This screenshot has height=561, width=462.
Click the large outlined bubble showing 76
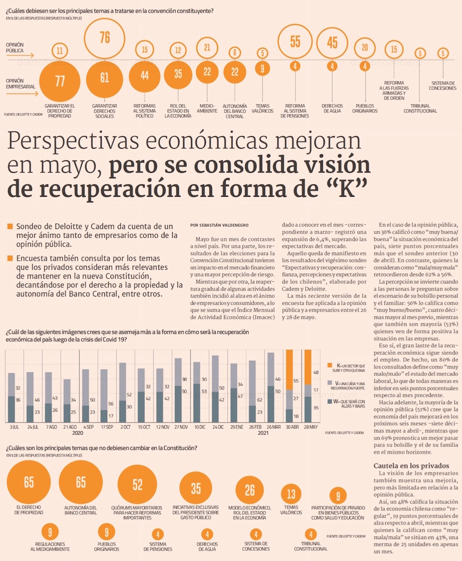click(x=105, y=37)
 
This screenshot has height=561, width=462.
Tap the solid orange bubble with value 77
click(x=60, y=81)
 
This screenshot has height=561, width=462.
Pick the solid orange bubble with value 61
click(x=105, y=78)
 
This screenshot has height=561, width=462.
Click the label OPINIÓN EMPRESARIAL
click(x=21, y=84)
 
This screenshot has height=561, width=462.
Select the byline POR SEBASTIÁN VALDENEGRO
click(x=219, y=225)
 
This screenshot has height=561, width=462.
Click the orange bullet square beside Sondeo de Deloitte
click(x=10, y=227)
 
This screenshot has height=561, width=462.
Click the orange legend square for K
click(x=330, y=366)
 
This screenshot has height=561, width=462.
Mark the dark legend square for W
click(x=330, y=402)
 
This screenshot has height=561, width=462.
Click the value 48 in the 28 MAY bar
click(x=316, y=372)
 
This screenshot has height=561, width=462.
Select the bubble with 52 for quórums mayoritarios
click(x=137, y=484)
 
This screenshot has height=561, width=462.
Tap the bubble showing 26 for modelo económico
click(x=249, y=490)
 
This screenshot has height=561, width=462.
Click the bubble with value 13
click(x=291, y=495)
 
